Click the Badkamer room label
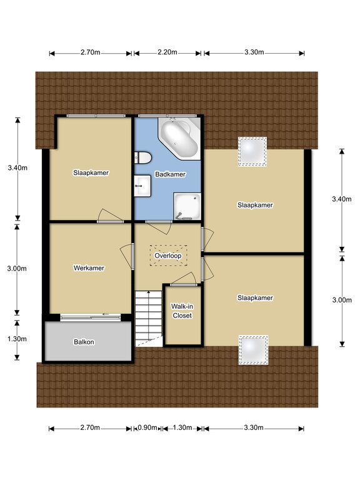(x=170, y=174)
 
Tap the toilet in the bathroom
(x=142, y=157)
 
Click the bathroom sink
(x=142, y=186)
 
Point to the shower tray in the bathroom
(x=187, y=206)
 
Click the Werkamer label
(x=89, y=268)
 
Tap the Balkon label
(x=84, y=342)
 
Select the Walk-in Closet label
(x=182, y=311)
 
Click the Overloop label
(x=168, y=256)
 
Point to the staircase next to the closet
(x=149, y=319)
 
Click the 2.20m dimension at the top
(x=167, y=52)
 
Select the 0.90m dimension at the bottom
(x=147, y=427)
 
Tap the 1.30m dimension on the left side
(x=17, y=339)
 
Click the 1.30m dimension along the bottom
(x=182, y=427)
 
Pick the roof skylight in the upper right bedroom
(x=252, y=151)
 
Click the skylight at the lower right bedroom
(x=254, y=350)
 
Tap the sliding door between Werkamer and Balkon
(x=91, y=317)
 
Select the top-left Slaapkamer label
(x=91, y=173)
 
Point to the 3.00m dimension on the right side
(x=342, y=300)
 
